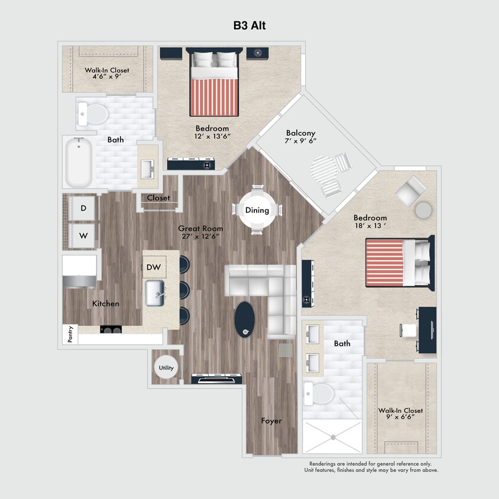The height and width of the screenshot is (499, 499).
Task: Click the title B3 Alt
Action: pos(249,25)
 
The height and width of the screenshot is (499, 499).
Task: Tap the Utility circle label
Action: pos(166,368)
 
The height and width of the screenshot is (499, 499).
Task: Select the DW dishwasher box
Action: pos(154,267)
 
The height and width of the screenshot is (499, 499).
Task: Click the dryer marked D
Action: pos(83,208)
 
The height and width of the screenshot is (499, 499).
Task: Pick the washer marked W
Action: pos(83,236)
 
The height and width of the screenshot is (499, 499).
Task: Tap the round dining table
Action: pos(257,210)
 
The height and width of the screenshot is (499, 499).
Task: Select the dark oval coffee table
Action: pos(245,319)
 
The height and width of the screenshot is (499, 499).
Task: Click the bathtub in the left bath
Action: pos(79,161)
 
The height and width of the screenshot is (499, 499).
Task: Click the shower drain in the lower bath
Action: pos(333,437)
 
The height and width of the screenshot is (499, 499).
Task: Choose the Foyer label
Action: pos(271,421)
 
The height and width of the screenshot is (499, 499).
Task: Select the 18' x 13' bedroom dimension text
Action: pos(370,226)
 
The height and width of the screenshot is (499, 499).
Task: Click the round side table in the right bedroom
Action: pos(423,210)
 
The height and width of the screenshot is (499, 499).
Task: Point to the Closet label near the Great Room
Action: pos(158,198)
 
